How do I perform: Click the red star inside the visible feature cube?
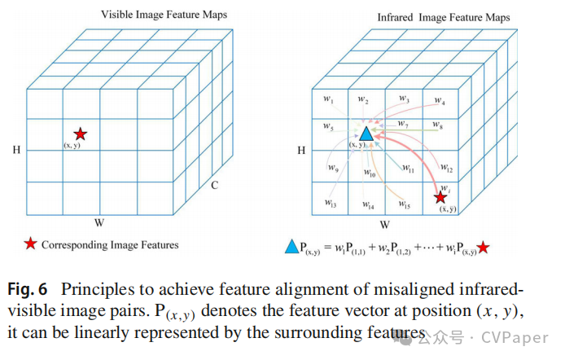pyautogui.click(x=80, y=134)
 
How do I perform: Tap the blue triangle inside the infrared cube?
pyautogui.click(x=366, y=133)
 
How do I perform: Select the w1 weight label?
pyautogui.click(x=328, y=100)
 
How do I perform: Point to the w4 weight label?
pyautogui.click(x=439, y=102)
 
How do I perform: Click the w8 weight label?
pyautogui.click(x=437, y=126)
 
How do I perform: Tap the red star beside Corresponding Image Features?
pyautogui.click(x=31, y=244)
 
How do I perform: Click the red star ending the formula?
pyautogui.click(x=484, y=247)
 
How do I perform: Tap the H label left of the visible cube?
pyautogui.click(x=15, y=149)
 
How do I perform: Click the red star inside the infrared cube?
pyautogui.click(x=440, y=197)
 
